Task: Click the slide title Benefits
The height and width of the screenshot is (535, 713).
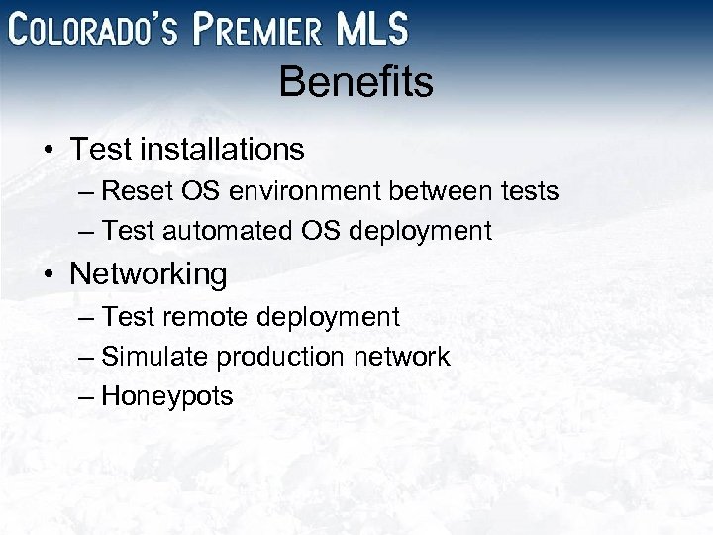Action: pyautogui.click(x=356, y=83)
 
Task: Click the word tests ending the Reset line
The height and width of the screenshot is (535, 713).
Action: pyautogui.click(x=528, y=190)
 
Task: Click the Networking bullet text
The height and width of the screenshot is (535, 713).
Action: pyautogui.click(x=149, y=274)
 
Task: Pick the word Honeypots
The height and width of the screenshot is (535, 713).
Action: pyautogui.click(x=167, y=397)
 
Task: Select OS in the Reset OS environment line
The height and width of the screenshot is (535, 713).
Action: pyautogui.click(x=195, y=190)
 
